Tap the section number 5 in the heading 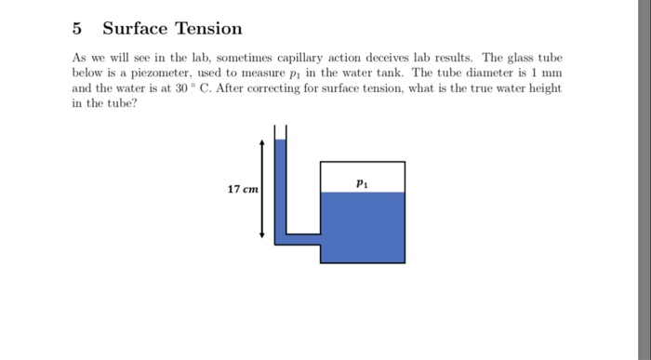tap(78, 29)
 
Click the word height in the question tap(543, 87)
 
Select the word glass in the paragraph tap(517, 58)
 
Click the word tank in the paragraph tap(377, 73)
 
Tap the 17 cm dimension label tap(244, 190)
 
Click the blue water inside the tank tap(362, 228)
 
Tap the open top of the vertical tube tap(281, 128)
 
